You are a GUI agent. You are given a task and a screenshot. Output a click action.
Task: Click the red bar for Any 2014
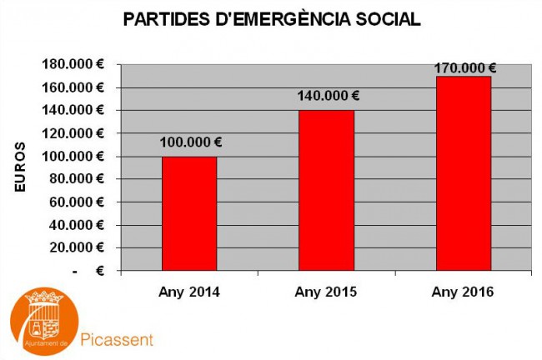pyautogui.click(x=189, y=213)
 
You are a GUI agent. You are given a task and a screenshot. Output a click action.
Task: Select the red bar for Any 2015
pyautogui.click(x=326, y=190)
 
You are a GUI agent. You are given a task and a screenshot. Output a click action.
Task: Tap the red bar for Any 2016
pyautogui.click(x=463, y=173)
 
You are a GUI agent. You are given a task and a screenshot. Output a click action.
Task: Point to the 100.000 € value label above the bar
pyautogui.click(x=189, y=143)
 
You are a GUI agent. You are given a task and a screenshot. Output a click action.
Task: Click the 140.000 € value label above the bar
pyautogui.click(x=329, y=96)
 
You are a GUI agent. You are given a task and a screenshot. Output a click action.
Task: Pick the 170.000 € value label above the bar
pyautogui.click(x=464, y=68)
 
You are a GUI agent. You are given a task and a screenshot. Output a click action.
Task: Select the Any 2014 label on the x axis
pyautogui.click(x=189, y=292)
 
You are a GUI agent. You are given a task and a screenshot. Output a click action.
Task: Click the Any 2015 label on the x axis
pyautogui.click(x=326, y=292)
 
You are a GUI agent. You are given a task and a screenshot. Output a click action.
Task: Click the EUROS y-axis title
pyautogui.click(x=20, y=168)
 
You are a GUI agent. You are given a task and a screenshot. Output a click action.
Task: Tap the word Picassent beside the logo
pyautogui.click(x=118, y=340)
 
